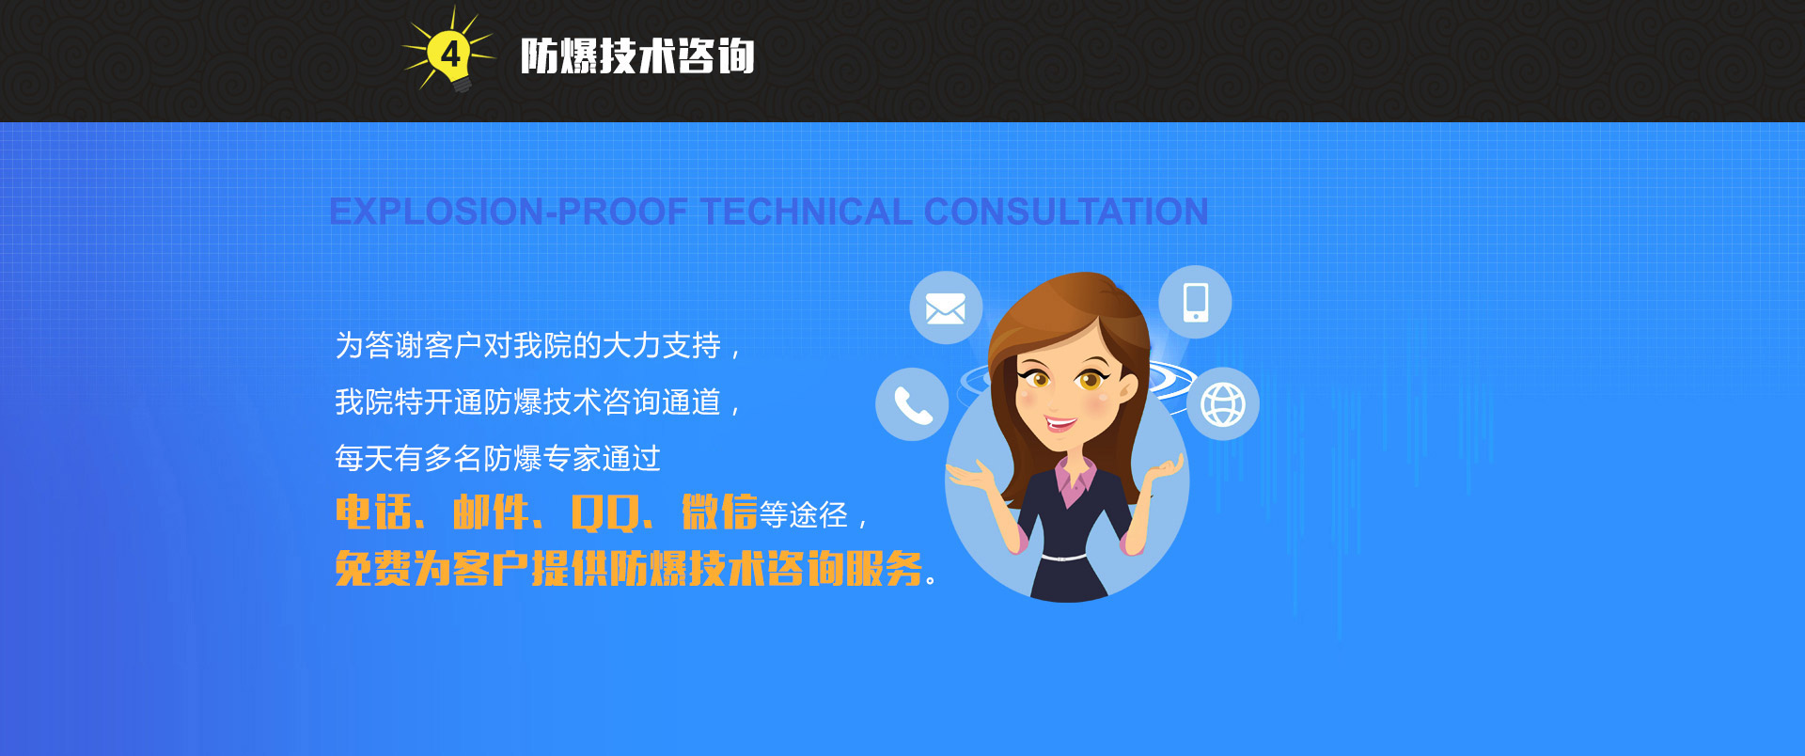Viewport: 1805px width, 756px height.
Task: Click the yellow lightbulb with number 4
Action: [x=450, y=55]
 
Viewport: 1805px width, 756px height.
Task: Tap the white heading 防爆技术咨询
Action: [x=637, y=56]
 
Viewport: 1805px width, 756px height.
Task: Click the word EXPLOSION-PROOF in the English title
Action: [x=509, y=212]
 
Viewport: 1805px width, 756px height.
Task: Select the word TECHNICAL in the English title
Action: [x=807, y=212]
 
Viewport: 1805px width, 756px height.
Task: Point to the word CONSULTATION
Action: [x=1066, y=212]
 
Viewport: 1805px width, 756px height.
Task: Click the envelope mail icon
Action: [x=946, y=307]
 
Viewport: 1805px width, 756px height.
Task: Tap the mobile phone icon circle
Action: [x=1195, y=302]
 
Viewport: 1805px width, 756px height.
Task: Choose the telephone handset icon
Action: [x=912, y=404]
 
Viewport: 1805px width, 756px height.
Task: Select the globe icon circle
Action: [x=1222, y=404]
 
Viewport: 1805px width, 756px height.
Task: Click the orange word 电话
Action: [x=373, y=512]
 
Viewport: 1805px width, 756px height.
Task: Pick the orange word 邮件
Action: [x=491, y=512]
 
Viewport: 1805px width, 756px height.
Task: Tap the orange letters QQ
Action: [x=605, y=513]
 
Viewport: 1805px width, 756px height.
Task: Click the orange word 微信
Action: [x=719, y=512]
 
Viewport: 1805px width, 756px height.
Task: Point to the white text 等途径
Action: [x=804, y=515]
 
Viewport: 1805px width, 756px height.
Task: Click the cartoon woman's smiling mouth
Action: [x=1061, y=424]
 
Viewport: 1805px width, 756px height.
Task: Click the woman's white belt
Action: [x=1063, y=558]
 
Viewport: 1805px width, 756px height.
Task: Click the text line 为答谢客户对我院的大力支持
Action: [x=528, y=346]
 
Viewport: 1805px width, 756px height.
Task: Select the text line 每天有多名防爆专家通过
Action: [x=498, y=459]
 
